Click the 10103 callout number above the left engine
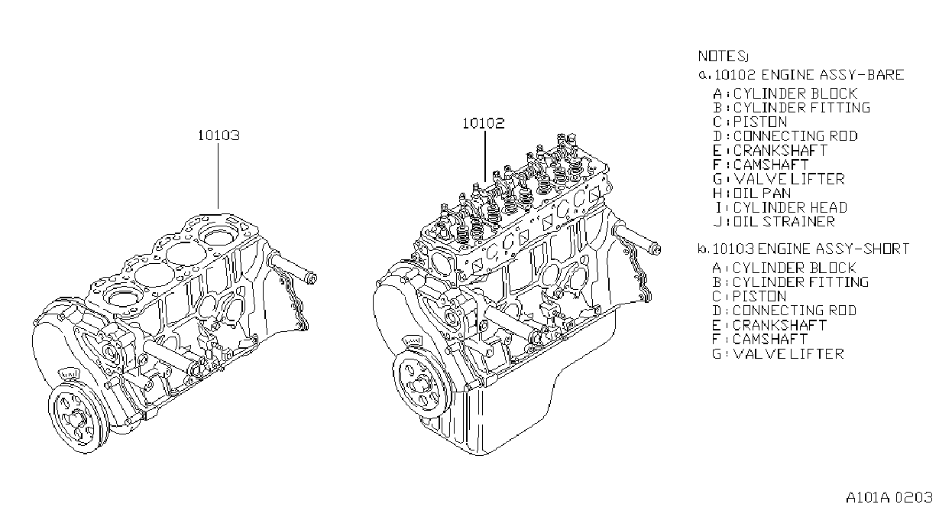click(219, 135)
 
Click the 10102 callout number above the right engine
click(484, 123)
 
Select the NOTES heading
click(723, 57)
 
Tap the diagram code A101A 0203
click(889, 497)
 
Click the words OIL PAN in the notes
click(762, 194)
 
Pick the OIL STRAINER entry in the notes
click(784, 222)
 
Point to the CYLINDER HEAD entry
click(790, 208)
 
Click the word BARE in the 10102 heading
click(886, 75)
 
